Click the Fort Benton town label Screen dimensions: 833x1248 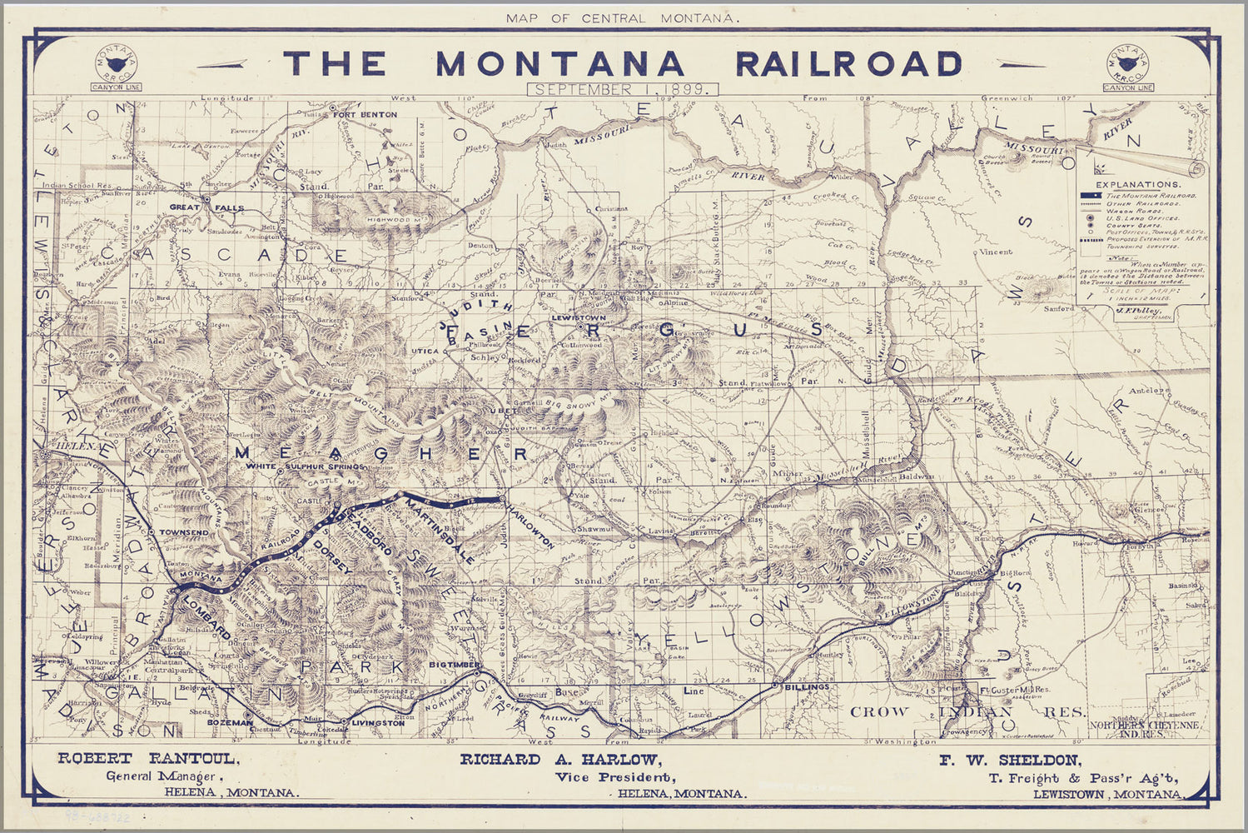(x=368, y=114)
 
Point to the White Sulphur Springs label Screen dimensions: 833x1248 (x=305, y=467)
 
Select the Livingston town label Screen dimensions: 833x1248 (x=378, y=723)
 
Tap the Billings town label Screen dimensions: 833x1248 (x=806, y=687)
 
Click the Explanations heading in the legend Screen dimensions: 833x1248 (x=1137, y=184)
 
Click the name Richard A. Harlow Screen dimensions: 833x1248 (x=560, y=760)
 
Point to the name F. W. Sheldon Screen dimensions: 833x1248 (x=1011, y=760)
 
